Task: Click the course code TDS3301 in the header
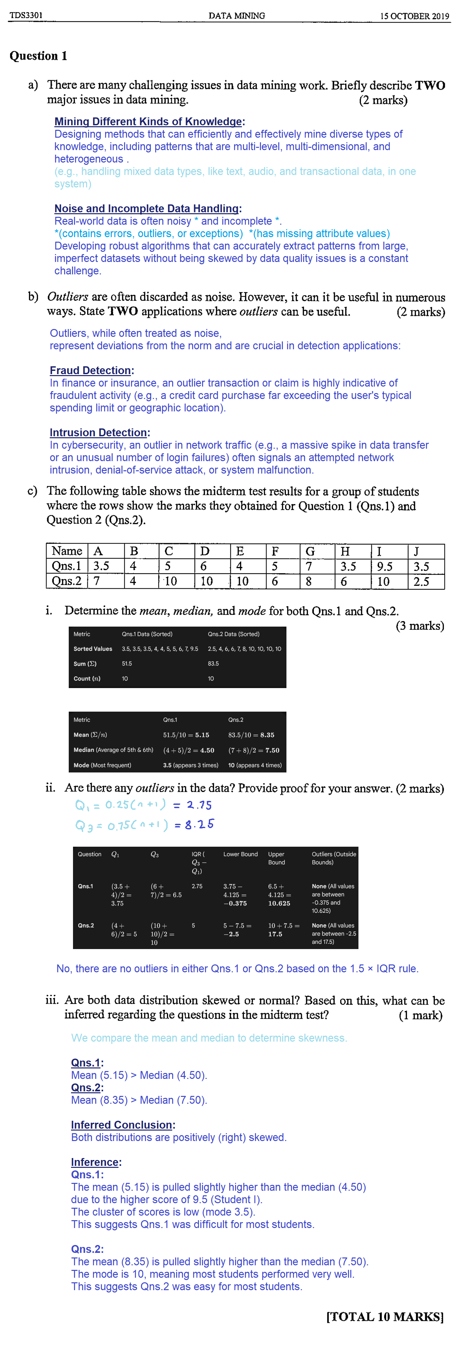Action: pos(26,15)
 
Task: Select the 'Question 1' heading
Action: pos(38,56)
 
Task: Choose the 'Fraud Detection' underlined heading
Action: pos(90,371)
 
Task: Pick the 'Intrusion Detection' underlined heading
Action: pos(98,432)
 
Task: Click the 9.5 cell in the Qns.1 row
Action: pos(385,566)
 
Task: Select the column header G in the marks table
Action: pos(310,551)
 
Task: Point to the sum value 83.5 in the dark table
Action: pos(213,664)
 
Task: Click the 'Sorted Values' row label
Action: pos(93,649)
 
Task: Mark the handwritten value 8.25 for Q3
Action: pos(199,824)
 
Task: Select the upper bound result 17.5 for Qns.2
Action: pos(275,934)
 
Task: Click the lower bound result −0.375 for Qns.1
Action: pos(235,904)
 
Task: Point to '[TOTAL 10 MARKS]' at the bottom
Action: pos(385,1317)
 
